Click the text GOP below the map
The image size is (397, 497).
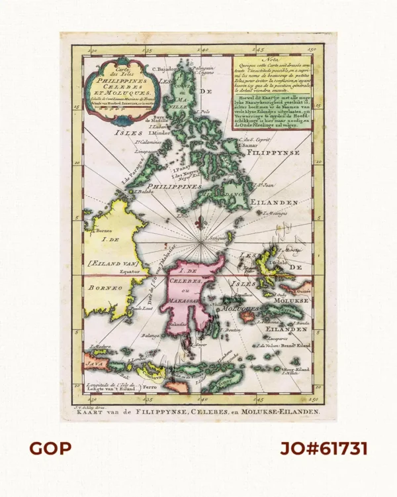[x=50, y=449]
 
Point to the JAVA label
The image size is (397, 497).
[x=92, y=362]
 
